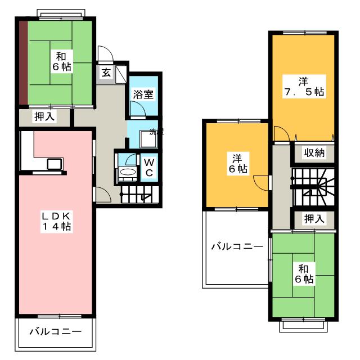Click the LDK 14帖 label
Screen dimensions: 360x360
55,221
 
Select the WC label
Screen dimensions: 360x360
148,166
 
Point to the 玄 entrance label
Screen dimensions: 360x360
106,72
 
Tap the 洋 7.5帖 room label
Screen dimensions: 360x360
303,85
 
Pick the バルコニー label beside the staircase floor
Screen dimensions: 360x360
237,246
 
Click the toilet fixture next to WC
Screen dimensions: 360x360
128,172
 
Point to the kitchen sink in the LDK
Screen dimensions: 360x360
55,164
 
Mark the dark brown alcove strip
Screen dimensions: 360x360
23,62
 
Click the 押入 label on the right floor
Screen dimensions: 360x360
313,218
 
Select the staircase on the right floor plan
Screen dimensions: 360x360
313,187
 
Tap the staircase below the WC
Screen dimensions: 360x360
138,196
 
